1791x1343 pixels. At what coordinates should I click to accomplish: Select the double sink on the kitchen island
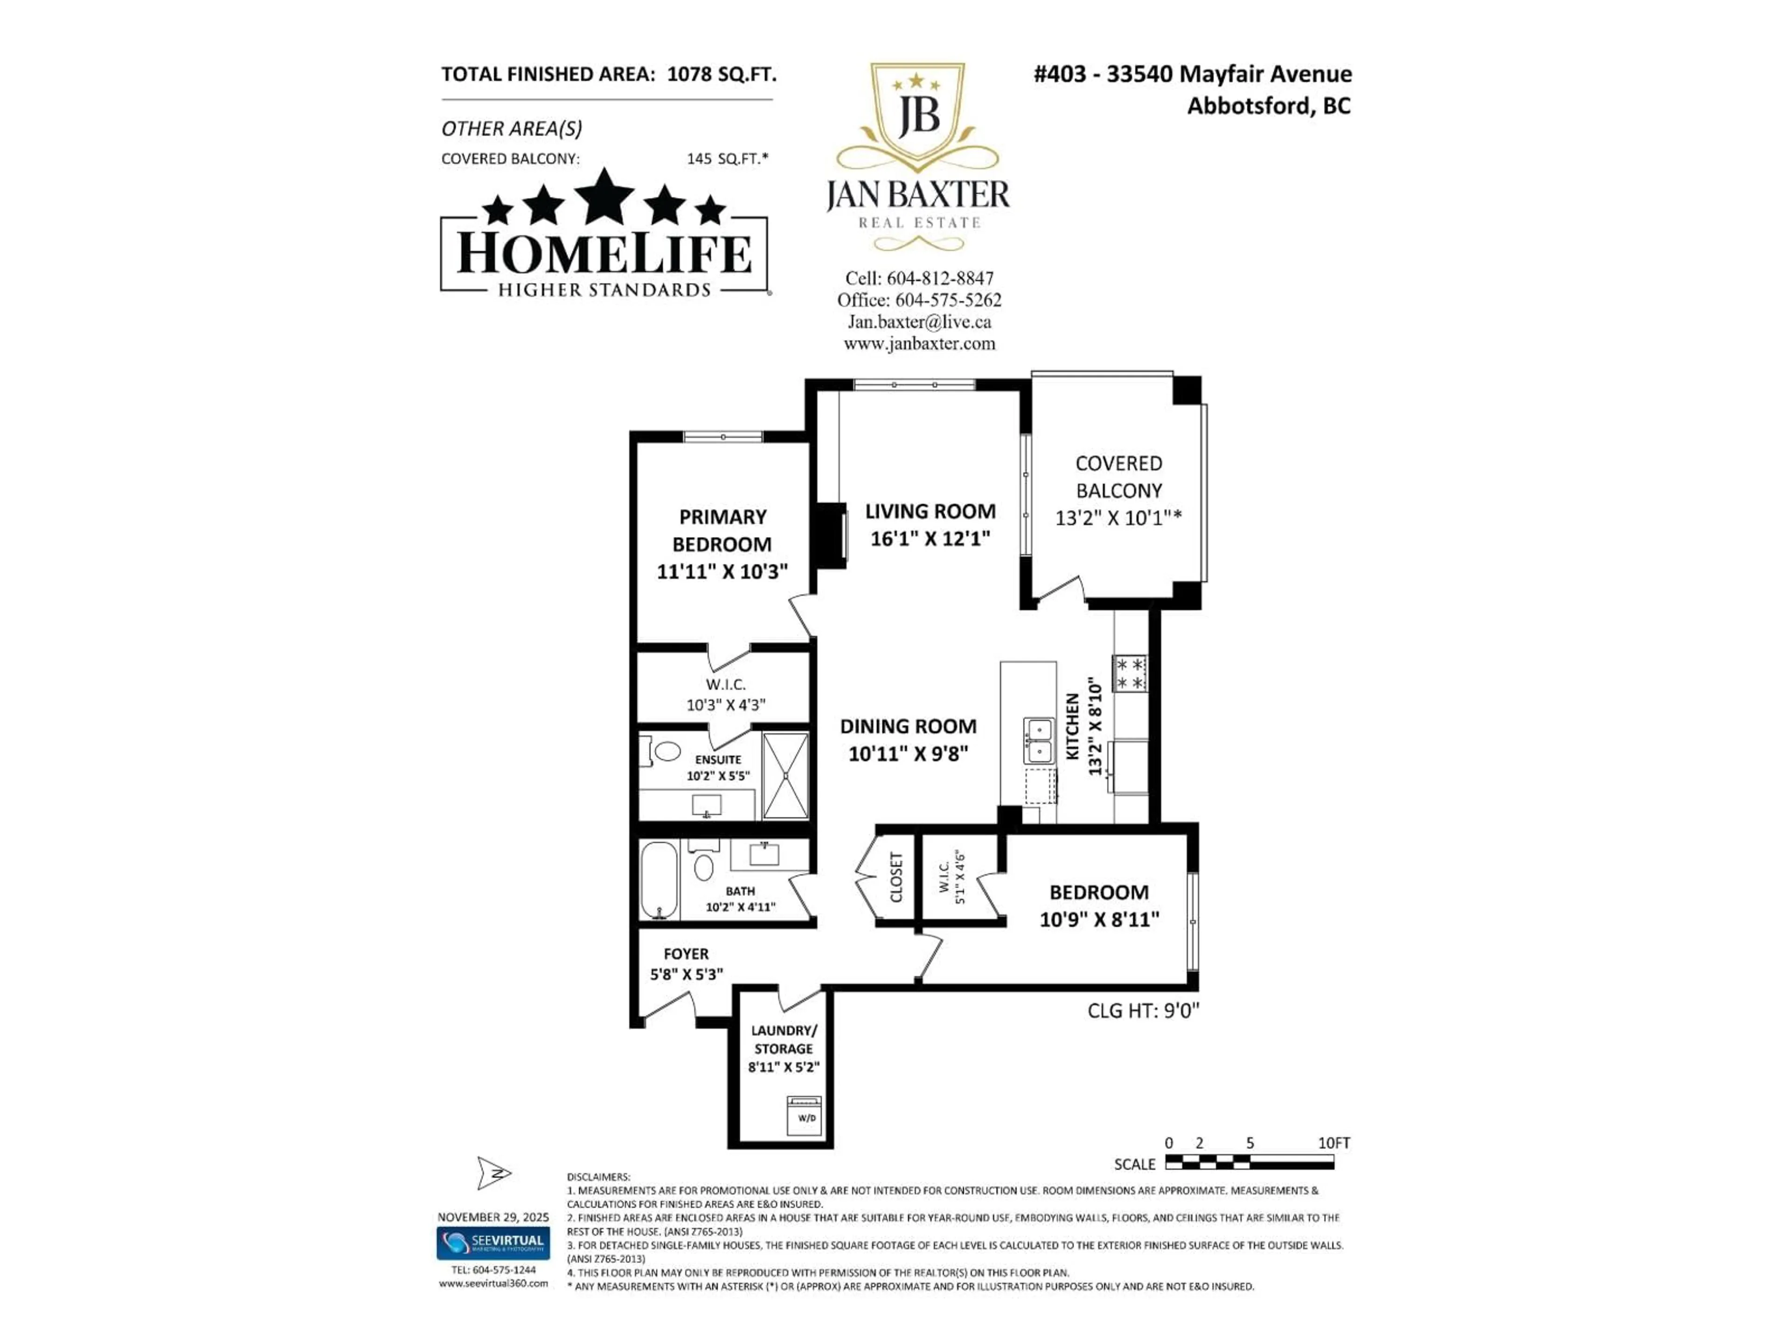click(1038, 741)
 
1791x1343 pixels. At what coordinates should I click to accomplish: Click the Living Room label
click(930, 512)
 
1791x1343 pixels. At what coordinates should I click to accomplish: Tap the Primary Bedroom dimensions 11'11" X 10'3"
click(722, 572)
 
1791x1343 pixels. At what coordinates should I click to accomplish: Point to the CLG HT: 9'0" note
click(1142, 1011)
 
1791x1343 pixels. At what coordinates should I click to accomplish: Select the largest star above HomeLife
click(604, 197)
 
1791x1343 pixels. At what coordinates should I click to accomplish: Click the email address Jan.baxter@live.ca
click(919, 321)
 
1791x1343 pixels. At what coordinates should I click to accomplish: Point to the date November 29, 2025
click(493, 1217)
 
